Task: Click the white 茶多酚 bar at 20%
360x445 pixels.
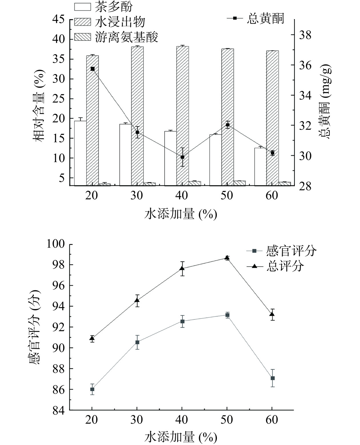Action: (80, 153)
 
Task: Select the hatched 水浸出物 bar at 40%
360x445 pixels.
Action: (183, 116)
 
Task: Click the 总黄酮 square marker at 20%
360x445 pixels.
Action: (93, 69)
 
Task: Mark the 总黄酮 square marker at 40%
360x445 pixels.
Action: (183, 157)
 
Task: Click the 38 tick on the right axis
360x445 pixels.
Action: (305, 35)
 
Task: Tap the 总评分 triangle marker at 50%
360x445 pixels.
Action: (227, 258)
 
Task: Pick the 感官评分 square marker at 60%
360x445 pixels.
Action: (273, 378)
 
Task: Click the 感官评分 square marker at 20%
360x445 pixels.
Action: (92, 389)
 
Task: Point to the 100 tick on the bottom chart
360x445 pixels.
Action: (57, 244)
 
